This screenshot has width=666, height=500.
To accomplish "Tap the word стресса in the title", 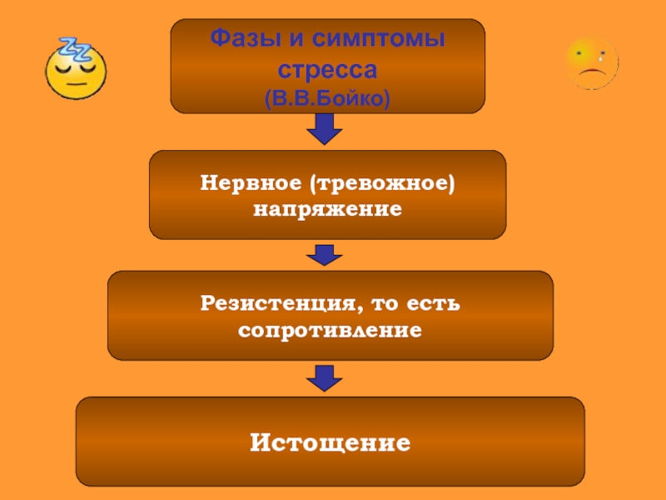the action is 327,67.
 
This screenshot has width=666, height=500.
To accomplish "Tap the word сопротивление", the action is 330,330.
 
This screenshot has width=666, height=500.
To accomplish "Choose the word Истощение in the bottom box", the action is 330,441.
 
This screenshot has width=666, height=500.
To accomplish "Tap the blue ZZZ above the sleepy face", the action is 72,49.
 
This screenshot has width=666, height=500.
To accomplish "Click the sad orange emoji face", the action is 592,63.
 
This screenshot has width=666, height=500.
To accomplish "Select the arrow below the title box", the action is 326,128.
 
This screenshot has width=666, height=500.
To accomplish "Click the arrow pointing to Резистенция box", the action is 325,254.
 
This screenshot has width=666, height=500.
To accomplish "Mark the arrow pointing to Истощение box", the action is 325,377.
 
